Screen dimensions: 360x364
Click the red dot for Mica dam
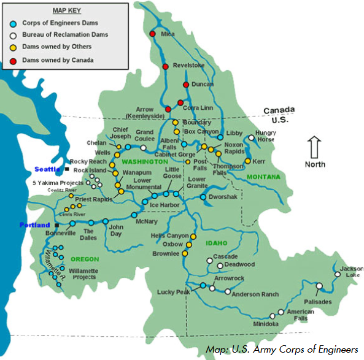152,34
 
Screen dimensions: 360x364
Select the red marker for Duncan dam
186,85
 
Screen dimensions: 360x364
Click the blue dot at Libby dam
220,137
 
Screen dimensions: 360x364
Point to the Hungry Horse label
266,136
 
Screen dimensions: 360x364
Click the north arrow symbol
314,148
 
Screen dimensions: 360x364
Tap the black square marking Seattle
66,168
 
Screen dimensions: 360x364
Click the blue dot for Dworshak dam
203,197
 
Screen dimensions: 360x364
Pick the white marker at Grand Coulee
143,147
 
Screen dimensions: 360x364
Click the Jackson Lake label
351,272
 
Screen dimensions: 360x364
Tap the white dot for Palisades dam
319,286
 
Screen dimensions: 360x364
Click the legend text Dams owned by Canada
58,60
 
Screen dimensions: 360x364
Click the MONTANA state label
263,177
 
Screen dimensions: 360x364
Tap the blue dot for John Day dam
105,221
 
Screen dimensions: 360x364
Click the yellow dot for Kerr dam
247,161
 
